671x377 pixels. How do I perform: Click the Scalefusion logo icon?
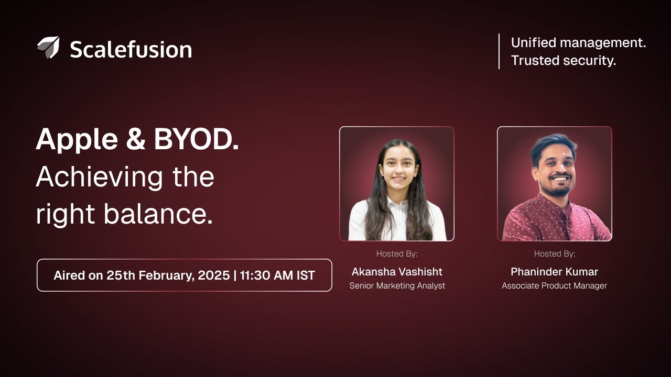[x=48, y=47]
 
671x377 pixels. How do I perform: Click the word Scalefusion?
[x=131, y=50]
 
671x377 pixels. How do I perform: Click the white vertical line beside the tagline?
[x=499, y=51]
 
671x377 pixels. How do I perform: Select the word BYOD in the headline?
[x=192, y=140]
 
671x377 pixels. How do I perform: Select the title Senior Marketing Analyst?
[x=397, y=286]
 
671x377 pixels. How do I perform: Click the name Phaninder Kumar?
[x=554, y=272]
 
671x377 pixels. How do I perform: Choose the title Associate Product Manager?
[x=554, y=286]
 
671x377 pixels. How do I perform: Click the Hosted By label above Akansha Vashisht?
[x=397, y=254]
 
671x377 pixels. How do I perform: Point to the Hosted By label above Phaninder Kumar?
[x=554, y=254]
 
